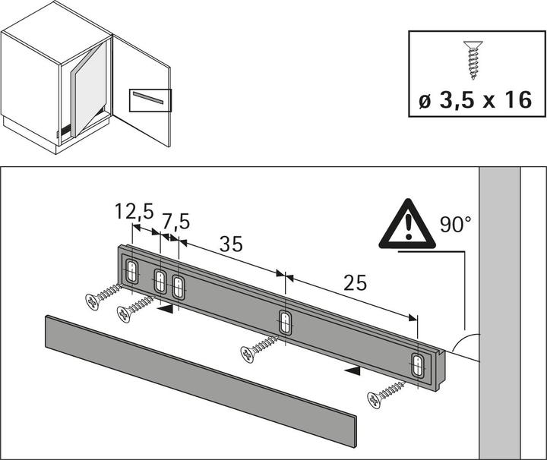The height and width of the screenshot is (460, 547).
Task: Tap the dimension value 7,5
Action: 175,221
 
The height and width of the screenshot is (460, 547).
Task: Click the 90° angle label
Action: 456,224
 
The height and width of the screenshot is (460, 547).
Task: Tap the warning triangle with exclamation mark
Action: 407,225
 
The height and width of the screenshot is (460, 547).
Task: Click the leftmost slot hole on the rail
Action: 132,272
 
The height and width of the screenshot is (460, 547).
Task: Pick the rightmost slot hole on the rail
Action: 418,365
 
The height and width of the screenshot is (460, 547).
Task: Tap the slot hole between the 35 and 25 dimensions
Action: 285,322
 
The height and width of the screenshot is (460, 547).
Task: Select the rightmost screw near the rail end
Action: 386,395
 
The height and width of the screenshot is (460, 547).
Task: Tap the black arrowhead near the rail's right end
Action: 350,370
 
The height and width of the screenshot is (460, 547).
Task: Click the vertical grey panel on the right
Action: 499,311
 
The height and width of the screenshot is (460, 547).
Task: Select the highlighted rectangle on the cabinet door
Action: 150,100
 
